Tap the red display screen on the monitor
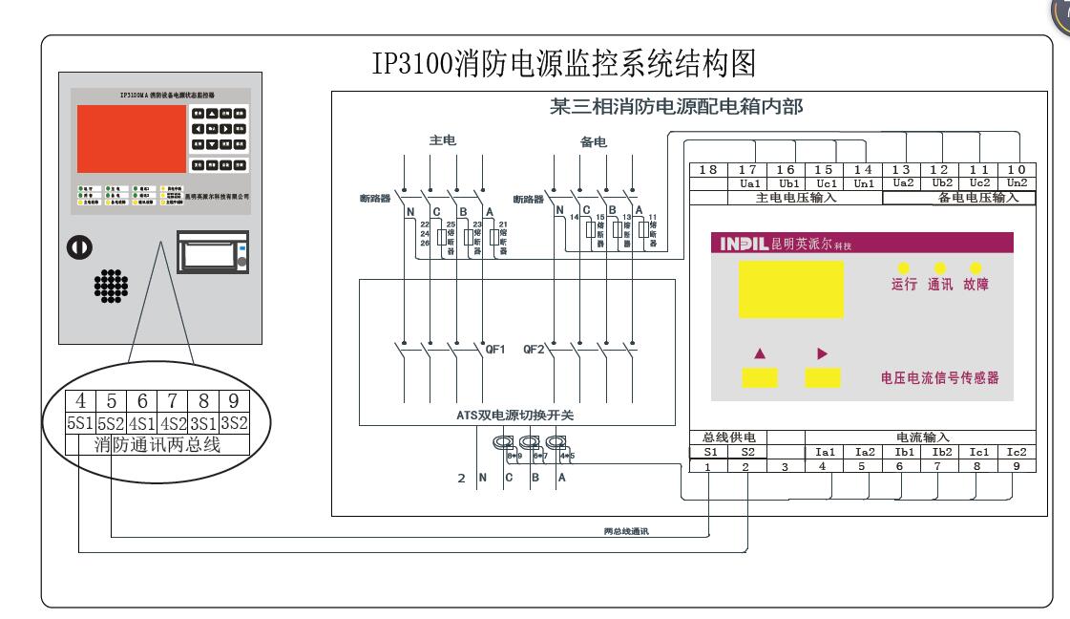(x=132, y=138)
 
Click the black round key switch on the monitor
(x=78, y=246)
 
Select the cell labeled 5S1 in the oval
(x=80, y=422)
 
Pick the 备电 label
(x=594, y=142)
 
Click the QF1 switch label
(x=496, y=349)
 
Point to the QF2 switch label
(x=534, y=349)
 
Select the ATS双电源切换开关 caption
(x=515, y=416)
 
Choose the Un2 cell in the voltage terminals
(x=1018, y=181)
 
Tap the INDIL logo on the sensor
(x=741, y=245)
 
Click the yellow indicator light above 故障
(x=976, y=268)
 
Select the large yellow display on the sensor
(x=790, y=289)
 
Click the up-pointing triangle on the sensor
(x=761, y=352)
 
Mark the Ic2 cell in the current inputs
(x=1018, y=451)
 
